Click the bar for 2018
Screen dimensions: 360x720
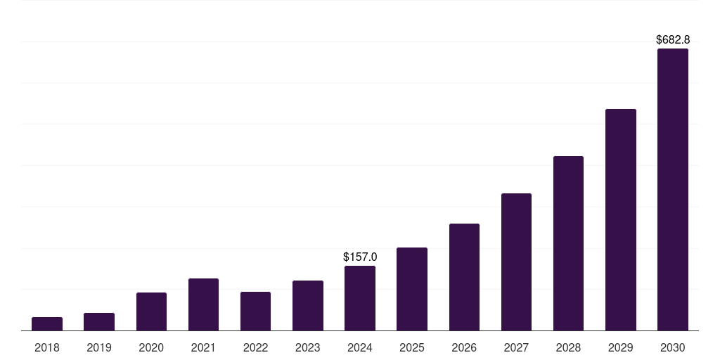[47, 324]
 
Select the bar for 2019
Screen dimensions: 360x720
[99, 322]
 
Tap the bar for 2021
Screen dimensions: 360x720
[203, 304]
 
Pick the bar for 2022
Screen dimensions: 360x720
[255, 311]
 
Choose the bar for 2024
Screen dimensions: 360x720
[360, 298]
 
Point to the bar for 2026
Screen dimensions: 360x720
[464, 277]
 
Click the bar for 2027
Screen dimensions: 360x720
[516, 262]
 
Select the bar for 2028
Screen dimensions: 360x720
[568, 243]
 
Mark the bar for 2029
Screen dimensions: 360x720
[620, 219]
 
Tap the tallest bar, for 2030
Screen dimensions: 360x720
[672, 190]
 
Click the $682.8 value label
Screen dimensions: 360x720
[672, 40]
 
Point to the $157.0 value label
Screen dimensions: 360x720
[360, 257]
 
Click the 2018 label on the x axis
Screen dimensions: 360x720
[47, 347]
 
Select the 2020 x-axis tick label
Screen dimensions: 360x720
[151, 347]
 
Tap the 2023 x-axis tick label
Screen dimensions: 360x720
[308, 347]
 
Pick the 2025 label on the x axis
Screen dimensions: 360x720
[412, 347]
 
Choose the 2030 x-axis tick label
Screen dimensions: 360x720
[672, 347]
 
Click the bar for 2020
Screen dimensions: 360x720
[151, 311]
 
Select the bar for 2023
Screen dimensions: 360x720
[308, 306]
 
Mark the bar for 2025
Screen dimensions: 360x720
[412, 289]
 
